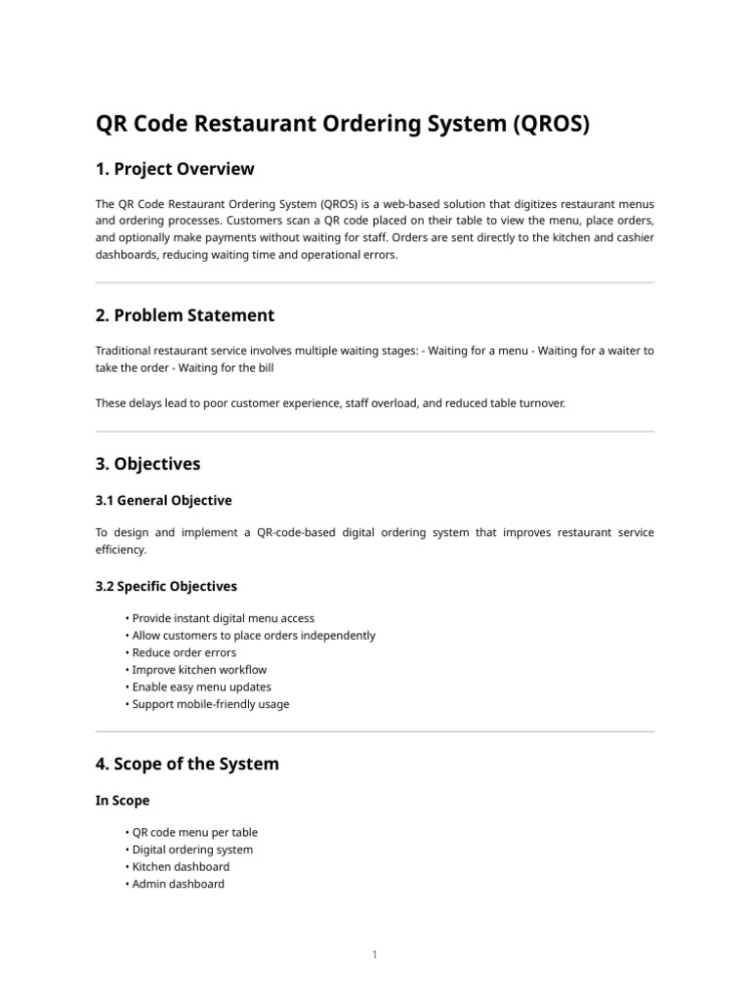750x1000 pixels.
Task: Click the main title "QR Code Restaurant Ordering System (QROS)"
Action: tap(343, 125)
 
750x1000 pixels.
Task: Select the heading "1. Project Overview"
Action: tap(175, 169)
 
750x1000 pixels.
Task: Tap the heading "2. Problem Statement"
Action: tap(185, 315)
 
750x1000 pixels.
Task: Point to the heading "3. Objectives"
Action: tap(147, 464)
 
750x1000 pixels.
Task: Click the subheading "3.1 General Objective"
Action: tap(164, 500)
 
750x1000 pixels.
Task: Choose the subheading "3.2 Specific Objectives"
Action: tap(166, 586)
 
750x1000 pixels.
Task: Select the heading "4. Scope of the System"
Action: tap(187, 764)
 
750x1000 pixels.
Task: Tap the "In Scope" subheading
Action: tap(122, 801)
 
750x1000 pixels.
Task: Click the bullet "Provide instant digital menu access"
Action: tap(224, 618)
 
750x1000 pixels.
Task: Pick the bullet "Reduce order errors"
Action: tap(184, 652)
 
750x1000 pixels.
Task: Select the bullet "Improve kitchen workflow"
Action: tap(199, 670)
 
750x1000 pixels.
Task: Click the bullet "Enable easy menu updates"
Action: tap(202, 687)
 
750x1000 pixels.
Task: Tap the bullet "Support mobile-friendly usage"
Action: tap(211, 704)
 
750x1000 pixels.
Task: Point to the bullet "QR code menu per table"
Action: tap(195, 833)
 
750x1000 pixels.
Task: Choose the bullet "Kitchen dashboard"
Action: tap(182, 867)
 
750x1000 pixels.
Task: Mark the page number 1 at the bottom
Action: tap(374, 955)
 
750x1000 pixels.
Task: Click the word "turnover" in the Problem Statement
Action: tap(539, 402)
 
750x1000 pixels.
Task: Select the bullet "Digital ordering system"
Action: tap(192, 850)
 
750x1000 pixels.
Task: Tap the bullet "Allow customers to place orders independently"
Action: tap(254, 636)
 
